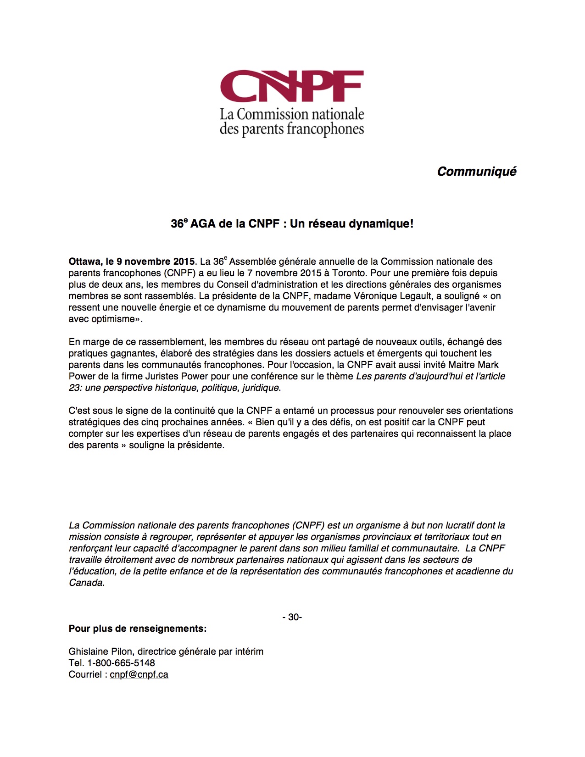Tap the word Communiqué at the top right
[x=477, y=172]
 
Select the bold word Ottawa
[x=84, y=262]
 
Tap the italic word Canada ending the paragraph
[x=86, y=583]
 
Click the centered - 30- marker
[x=292, y=617]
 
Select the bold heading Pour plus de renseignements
[x=138, y=629]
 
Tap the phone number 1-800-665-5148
[x=121, y=663]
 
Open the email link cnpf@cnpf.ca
[x=139, y=674]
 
